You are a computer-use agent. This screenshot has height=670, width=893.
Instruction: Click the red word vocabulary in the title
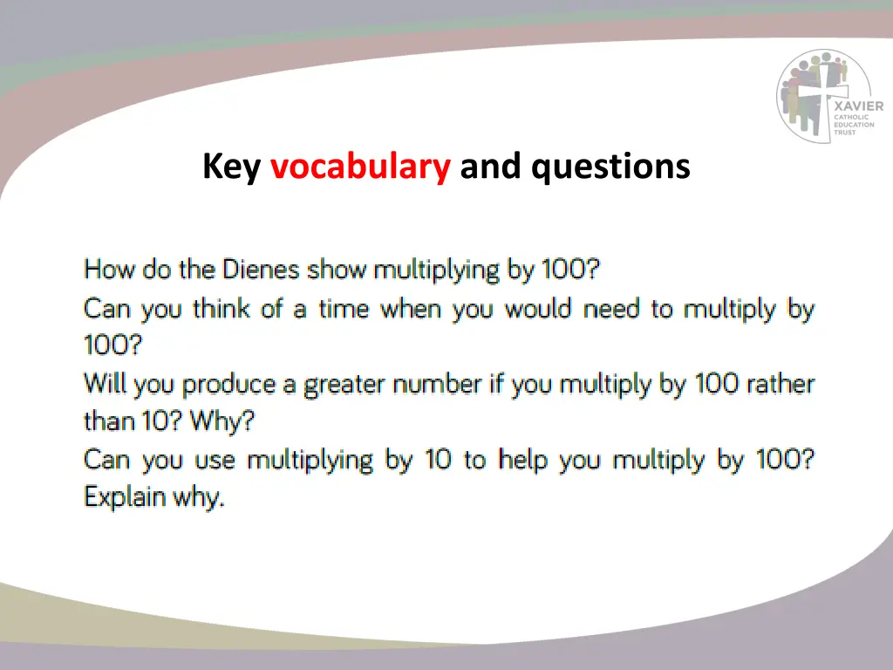click(360, 167)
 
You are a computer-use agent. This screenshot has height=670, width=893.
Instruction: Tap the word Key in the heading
click(231, 167)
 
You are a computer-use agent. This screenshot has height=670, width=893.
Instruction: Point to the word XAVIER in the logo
click(859, 106)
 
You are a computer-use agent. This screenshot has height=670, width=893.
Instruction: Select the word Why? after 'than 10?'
click(222, 421)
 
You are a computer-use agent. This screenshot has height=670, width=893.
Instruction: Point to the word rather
click(775, 384)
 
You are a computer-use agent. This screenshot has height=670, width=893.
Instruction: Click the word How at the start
click(109, 270)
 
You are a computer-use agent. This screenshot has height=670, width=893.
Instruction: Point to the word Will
click(104, 384)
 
